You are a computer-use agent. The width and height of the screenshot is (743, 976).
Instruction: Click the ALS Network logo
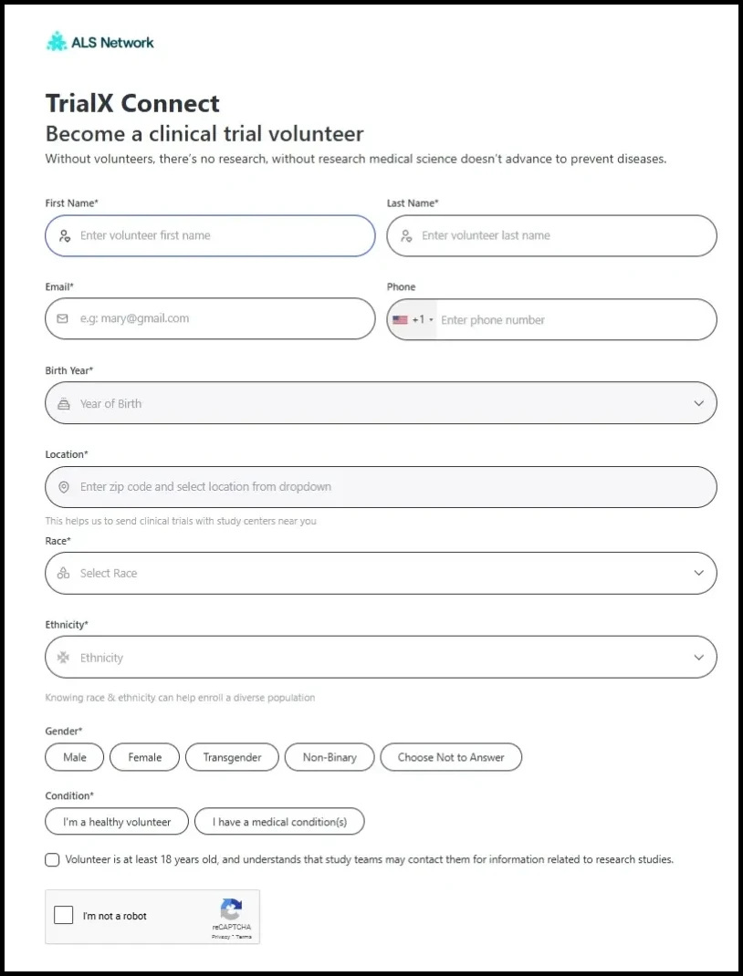pyautogui.click(x=100, y=42)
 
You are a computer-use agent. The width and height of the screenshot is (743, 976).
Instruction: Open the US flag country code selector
pyautogui.click(x=413, y=320)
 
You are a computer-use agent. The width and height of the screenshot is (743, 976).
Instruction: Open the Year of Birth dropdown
pyautogui.click(x=381, y=403)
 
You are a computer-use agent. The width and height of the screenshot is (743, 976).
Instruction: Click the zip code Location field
pyautogui.click(x=381, y=487)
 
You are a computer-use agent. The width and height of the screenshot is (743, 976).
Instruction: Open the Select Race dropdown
pyautogui.click(x=381, y=573)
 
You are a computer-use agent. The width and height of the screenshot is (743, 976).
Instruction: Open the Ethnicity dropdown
pyautogui.click(x=381, y=658)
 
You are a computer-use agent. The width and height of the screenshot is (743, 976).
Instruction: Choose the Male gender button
pyautogui.click(x=75, y=757)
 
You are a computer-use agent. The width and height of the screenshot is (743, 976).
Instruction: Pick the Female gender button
pyautogui.click(x=144, y=757)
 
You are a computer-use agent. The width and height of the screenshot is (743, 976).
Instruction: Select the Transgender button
pyautogui.click(x=232, y=757)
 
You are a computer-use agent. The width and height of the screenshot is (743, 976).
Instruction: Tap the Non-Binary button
pyautogui.click(x=330, y=757)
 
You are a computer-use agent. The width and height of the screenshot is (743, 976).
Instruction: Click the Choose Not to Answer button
pyautogui.click(x=451, y=757)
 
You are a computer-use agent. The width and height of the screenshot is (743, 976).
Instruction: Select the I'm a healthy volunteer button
pyautogui.click(x=117, y=822)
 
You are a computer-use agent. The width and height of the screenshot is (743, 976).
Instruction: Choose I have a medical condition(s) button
pyautogui.click(x=279, y=822)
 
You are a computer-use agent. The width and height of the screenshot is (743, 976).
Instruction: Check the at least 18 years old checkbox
pyautogui.click(x=53, y=859)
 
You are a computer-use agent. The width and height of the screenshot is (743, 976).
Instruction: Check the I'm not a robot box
pyautogui.click(x=64, y=916)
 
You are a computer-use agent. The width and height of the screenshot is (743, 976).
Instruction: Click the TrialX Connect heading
pyautogui.click(x=133, y=103)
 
